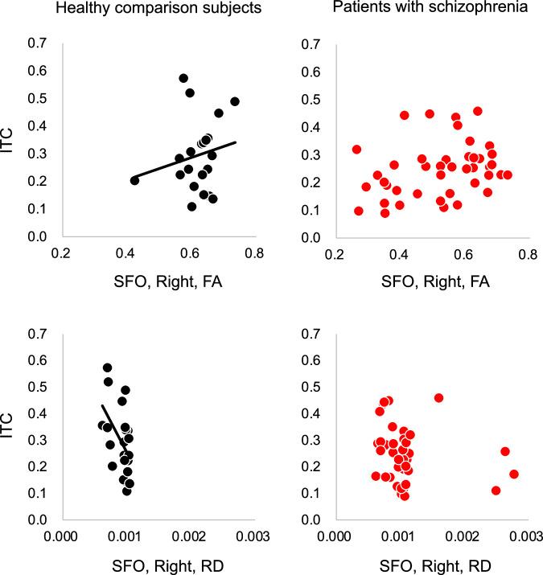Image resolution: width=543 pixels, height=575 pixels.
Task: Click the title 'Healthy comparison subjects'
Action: point(130,10)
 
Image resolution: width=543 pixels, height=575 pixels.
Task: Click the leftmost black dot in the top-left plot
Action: point(134,180)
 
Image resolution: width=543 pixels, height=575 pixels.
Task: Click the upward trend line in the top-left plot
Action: point(193,158)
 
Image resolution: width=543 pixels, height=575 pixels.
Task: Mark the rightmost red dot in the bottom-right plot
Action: point(514,474)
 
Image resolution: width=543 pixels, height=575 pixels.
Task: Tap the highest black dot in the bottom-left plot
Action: point(107,368)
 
